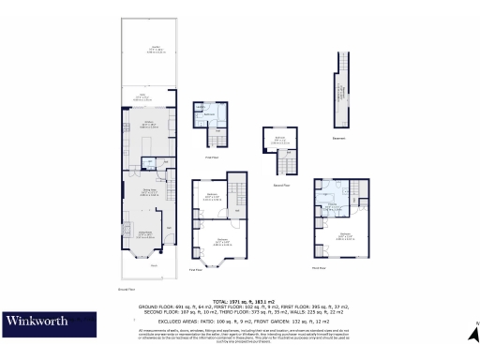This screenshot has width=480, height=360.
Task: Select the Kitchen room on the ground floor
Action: (x=147, y=125)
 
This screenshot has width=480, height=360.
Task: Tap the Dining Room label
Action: (x=147, y=192)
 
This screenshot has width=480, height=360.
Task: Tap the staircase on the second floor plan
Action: (x=278, y=167)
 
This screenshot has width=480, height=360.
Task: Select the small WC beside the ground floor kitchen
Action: (x=148, y=165)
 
